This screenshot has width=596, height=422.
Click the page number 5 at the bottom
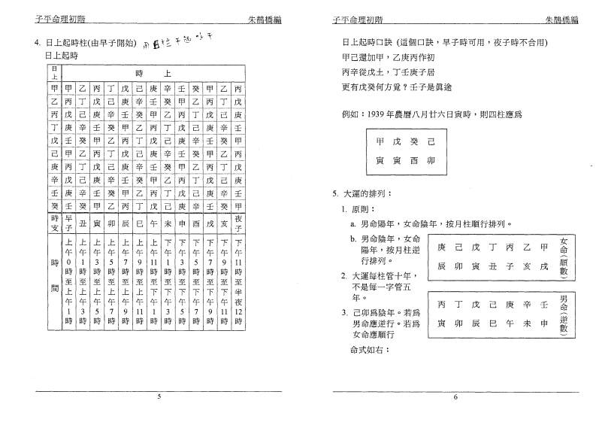click(x=159, y=396)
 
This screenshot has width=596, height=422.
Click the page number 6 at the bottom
click(x=455, y=396)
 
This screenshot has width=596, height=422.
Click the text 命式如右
click(x=370, y=351)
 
